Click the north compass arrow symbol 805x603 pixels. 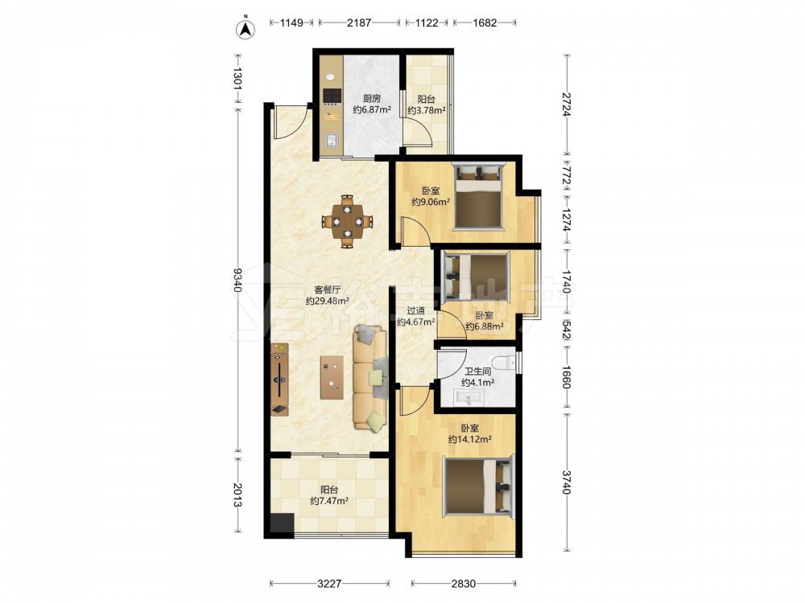click(246, 29)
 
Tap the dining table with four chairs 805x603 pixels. click(348, 222)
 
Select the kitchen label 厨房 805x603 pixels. click(372, 98)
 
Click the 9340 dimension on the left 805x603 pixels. click(237, 280)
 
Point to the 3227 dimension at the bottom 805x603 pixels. click(329, 584)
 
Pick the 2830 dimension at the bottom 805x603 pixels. click(464, 584)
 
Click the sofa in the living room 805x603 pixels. click(369, 378)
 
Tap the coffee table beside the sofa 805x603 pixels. click(332, 377)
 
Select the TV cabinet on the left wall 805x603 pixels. click(280, 379)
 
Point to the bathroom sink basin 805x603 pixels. click(468, 398)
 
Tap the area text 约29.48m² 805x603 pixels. click(328, 301)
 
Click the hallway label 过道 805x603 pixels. click(416, 310)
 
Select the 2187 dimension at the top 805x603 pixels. click(359, 23)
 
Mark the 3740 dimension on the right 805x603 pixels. click(566, 482)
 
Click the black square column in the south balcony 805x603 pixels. click(282, 524)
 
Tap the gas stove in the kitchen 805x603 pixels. click(332, 96)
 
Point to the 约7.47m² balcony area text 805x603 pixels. click(329, 501)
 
